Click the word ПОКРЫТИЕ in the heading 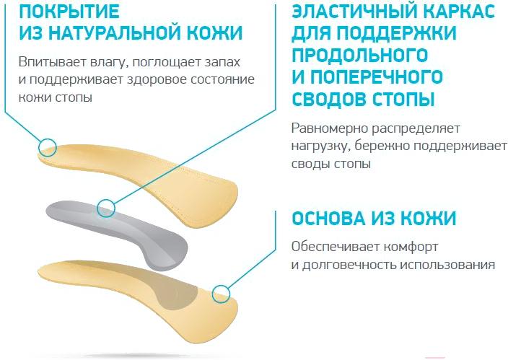coord(69,11)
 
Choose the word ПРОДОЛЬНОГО coord(359,54)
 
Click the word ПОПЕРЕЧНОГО coord(377,76)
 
